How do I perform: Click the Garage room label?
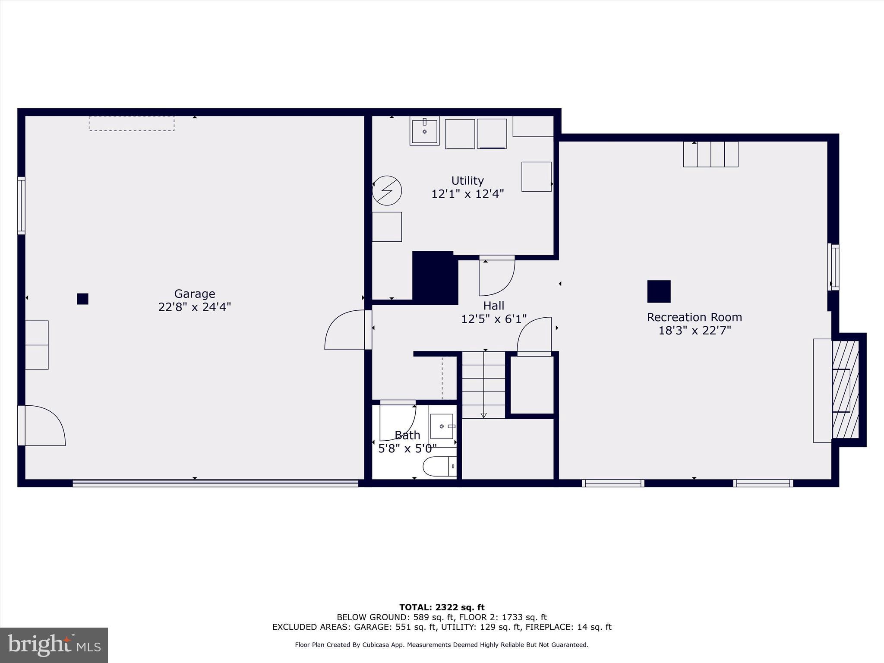[194, 294]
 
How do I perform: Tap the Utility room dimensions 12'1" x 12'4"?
[467, 194]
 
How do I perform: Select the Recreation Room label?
[694, 317]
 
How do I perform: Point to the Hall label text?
[494, 306]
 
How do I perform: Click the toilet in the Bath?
[439, 467]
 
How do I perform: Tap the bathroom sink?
[442, 426]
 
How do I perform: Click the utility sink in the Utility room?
[424, 130]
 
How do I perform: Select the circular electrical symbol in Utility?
[387, 190]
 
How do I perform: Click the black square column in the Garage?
[82, 299]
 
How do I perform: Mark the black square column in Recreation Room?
[659, 291]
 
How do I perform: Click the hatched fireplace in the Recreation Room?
[845, 390]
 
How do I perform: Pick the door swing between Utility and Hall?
[496, 276]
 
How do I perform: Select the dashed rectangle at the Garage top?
[132, 123]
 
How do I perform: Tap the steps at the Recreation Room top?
[710, 154]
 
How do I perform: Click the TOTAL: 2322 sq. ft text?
[442, 607]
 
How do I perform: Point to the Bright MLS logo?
[54, 645]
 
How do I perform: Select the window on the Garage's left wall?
[21, 205]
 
